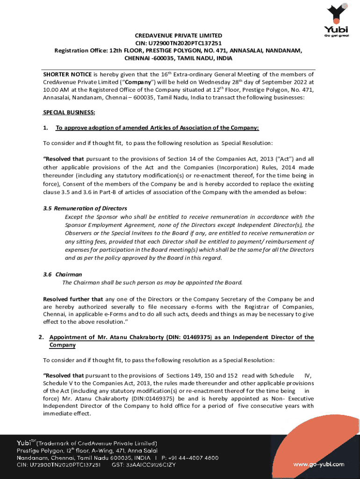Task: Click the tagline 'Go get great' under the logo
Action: pyautogui.click(x=339, y=35)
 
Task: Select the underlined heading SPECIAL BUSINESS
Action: pyautogui.click(x=69, y=113)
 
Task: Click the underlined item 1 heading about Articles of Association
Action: pyautogui.click(x=157, y=128)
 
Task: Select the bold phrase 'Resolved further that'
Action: pyautogui.click(x=73, y=299)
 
